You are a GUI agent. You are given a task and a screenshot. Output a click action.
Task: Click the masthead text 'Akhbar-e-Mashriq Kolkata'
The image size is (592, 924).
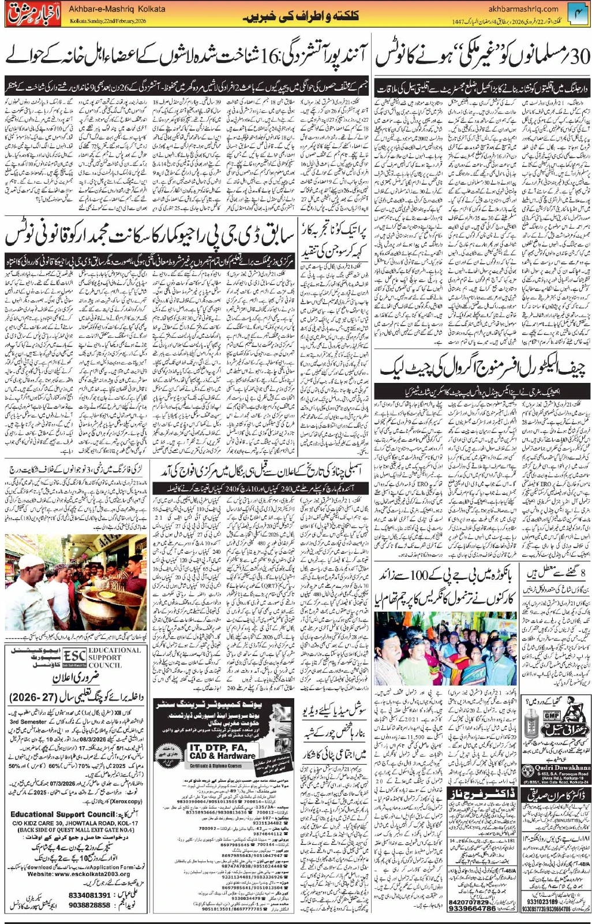(x=117, y=9)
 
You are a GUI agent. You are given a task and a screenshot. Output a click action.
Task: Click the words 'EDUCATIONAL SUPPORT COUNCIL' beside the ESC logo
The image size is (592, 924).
(x=114, y=657)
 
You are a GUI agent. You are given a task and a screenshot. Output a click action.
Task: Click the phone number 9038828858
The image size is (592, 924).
(x=89, y=904)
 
